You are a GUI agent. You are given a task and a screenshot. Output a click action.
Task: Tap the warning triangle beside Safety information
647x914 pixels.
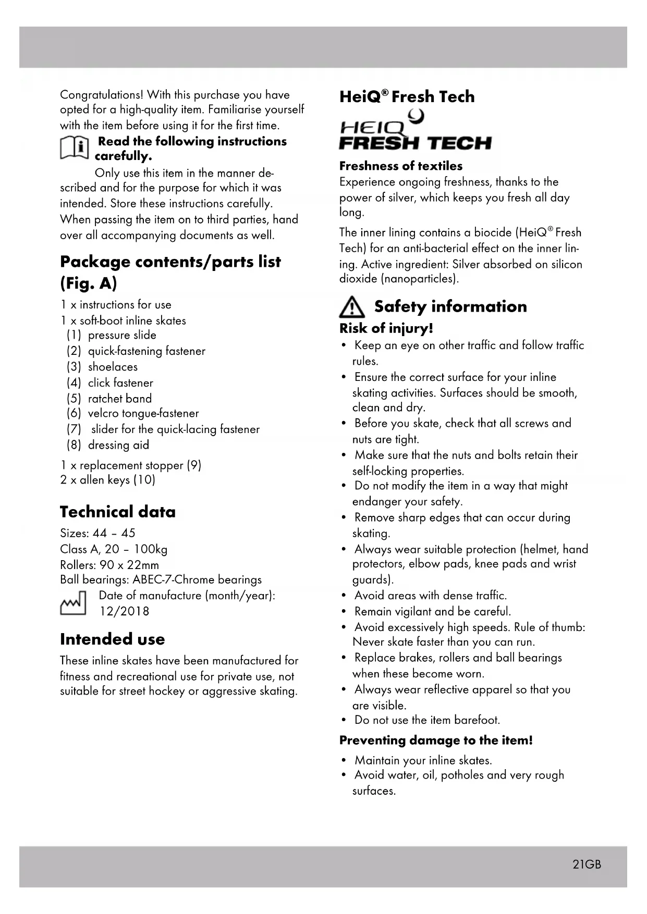[x=352, y=307]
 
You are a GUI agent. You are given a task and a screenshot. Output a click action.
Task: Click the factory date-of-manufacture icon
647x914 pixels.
[x=73, y=603]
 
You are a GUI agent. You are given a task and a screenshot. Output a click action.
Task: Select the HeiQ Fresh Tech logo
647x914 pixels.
[x=414, y=131]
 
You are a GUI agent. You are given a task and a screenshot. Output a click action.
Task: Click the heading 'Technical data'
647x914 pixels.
[x=118, y=512]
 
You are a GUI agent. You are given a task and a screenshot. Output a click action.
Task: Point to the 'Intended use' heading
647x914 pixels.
[x=112, y=639]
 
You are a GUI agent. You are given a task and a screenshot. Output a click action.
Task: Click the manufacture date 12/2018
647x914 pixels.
[x=124, y=611]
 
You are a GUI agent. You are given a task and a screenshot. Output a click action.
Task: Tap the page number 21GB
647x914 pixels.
[x=587, y=864]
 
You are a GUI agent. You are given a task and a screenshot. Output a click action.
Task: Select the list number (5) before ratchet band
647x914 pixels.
[x=74, y=399]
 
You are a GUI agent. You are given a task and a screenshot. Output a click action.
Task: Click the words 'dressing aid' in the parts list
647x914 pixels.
[x=118, y=445]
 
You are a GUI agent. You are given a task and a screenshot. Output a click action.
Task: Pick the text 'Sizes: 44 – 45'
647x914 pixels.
[x=97, y=533]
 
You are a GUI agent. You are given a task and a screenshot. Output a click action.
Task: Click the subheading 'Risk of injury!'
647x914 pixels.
[x=386, y=328]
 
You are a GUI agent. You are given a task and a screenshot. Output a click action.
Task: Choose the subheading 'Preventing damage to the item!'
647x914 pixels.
[x=436, y=740]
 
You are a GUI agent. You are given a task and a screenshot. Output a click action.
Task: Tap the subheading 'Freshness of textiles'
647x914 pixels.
[x=400, y=166]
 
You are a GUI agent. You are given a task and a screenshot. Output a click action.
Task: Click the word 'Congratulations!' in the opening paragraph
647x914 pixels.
[x=102, y=95]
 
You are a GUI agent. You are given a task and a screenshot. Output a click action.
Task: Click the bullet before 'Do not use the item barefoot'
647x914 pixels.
[x=344, y=720]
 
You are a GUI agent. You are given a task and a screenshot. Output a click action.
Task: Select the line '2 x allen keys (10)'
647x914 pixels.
[x=107, y=479]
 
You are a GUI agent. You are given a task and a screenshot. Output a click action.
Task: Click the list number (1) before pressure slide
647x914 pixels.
[x=74, y=335]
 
